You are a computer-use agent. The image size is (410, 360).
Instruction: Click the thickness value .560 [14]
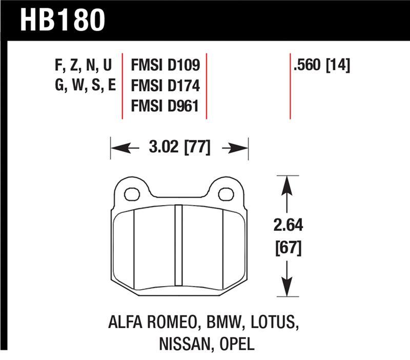coord(321,65)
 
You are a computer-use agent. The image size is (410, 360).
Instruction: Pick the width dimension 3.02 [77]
coord(179,148)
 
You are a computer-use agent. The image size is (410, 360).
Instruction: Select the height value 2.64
coord(289,226)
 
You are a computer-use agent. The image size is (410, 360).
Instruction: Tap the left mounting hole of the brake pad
coord(132,194)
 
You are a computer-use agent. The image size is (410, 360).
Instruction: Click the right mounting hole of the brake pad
coord(225,194)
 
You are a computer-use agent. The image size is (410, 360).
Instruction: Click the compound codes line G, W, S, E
coord(85,86)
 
